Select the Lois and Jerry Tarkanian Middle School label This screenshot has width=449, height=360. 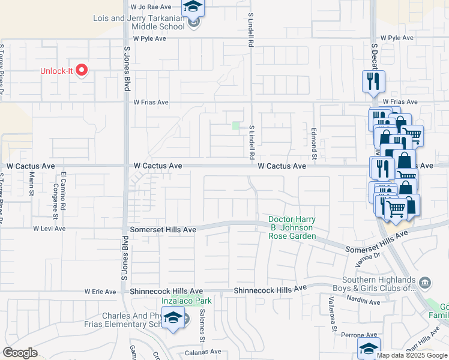pyautogui.click(x=139, y=23)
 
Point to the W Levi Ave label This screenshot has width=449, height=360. pyautogui.click(x=49, y=229)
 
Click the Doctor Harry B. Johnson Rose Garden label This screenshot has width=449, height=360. pyautogui.click(x=292, y=228)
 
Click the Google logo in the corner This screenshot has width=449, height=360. pyautogui.click(x=20, y=353)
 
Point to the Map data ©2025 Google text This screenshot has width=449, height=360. pyautogui.click(x=412, y=355)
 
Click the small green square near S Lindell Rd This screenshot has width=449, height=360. pyautogui.click(x=236, y=125)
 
